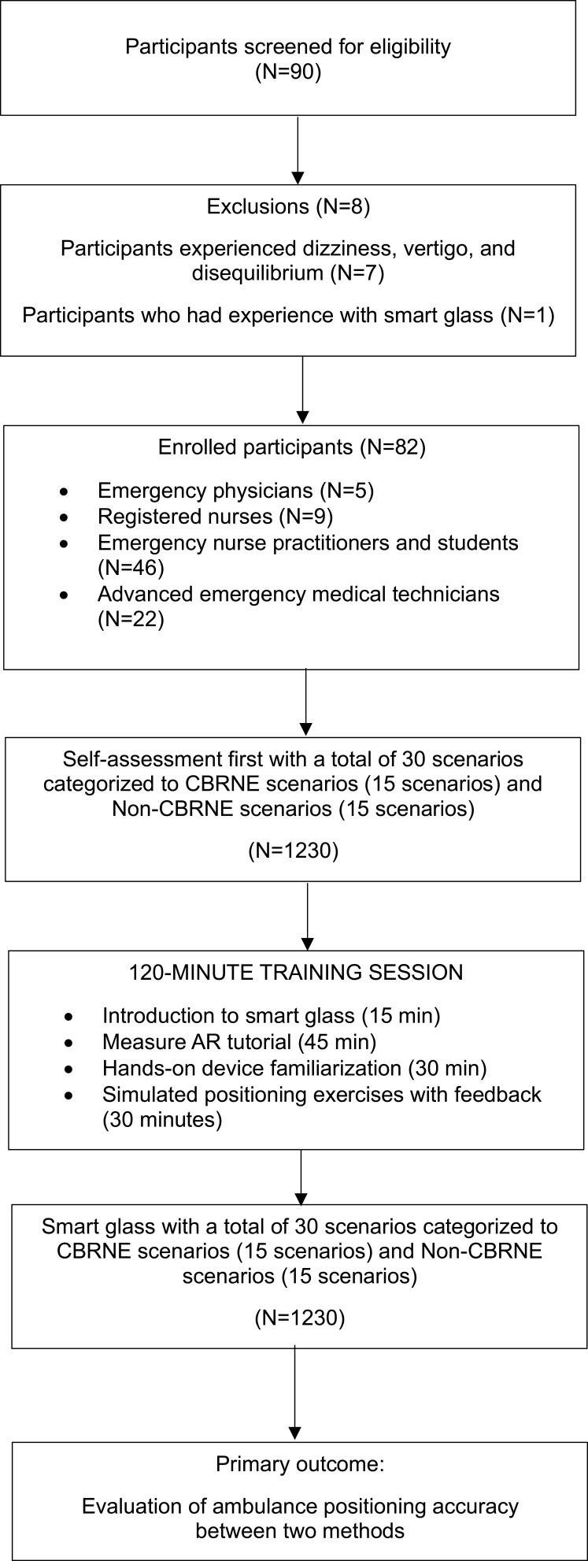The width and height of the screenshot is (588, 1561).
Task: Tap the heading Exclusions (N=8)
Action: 288,207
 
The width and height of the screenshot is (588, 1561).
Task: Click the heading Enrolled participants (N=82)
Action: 292,447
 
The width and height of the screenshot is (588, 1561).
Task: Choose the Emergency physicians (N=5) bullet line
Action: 235,491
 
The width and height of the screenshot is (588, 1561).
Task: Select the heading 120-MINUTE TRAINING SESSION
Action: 296,973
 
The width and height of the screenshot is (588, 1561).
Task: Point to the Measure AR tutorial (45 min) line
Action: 239,1042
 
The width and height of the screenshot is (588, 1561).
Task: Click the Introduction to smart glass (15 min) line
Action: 271,1016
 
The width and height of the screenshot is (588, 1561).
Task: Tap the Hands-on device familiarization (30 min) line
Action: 294,1068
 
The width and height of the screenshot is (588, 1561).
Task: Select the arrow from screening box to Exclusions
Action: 298,150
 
